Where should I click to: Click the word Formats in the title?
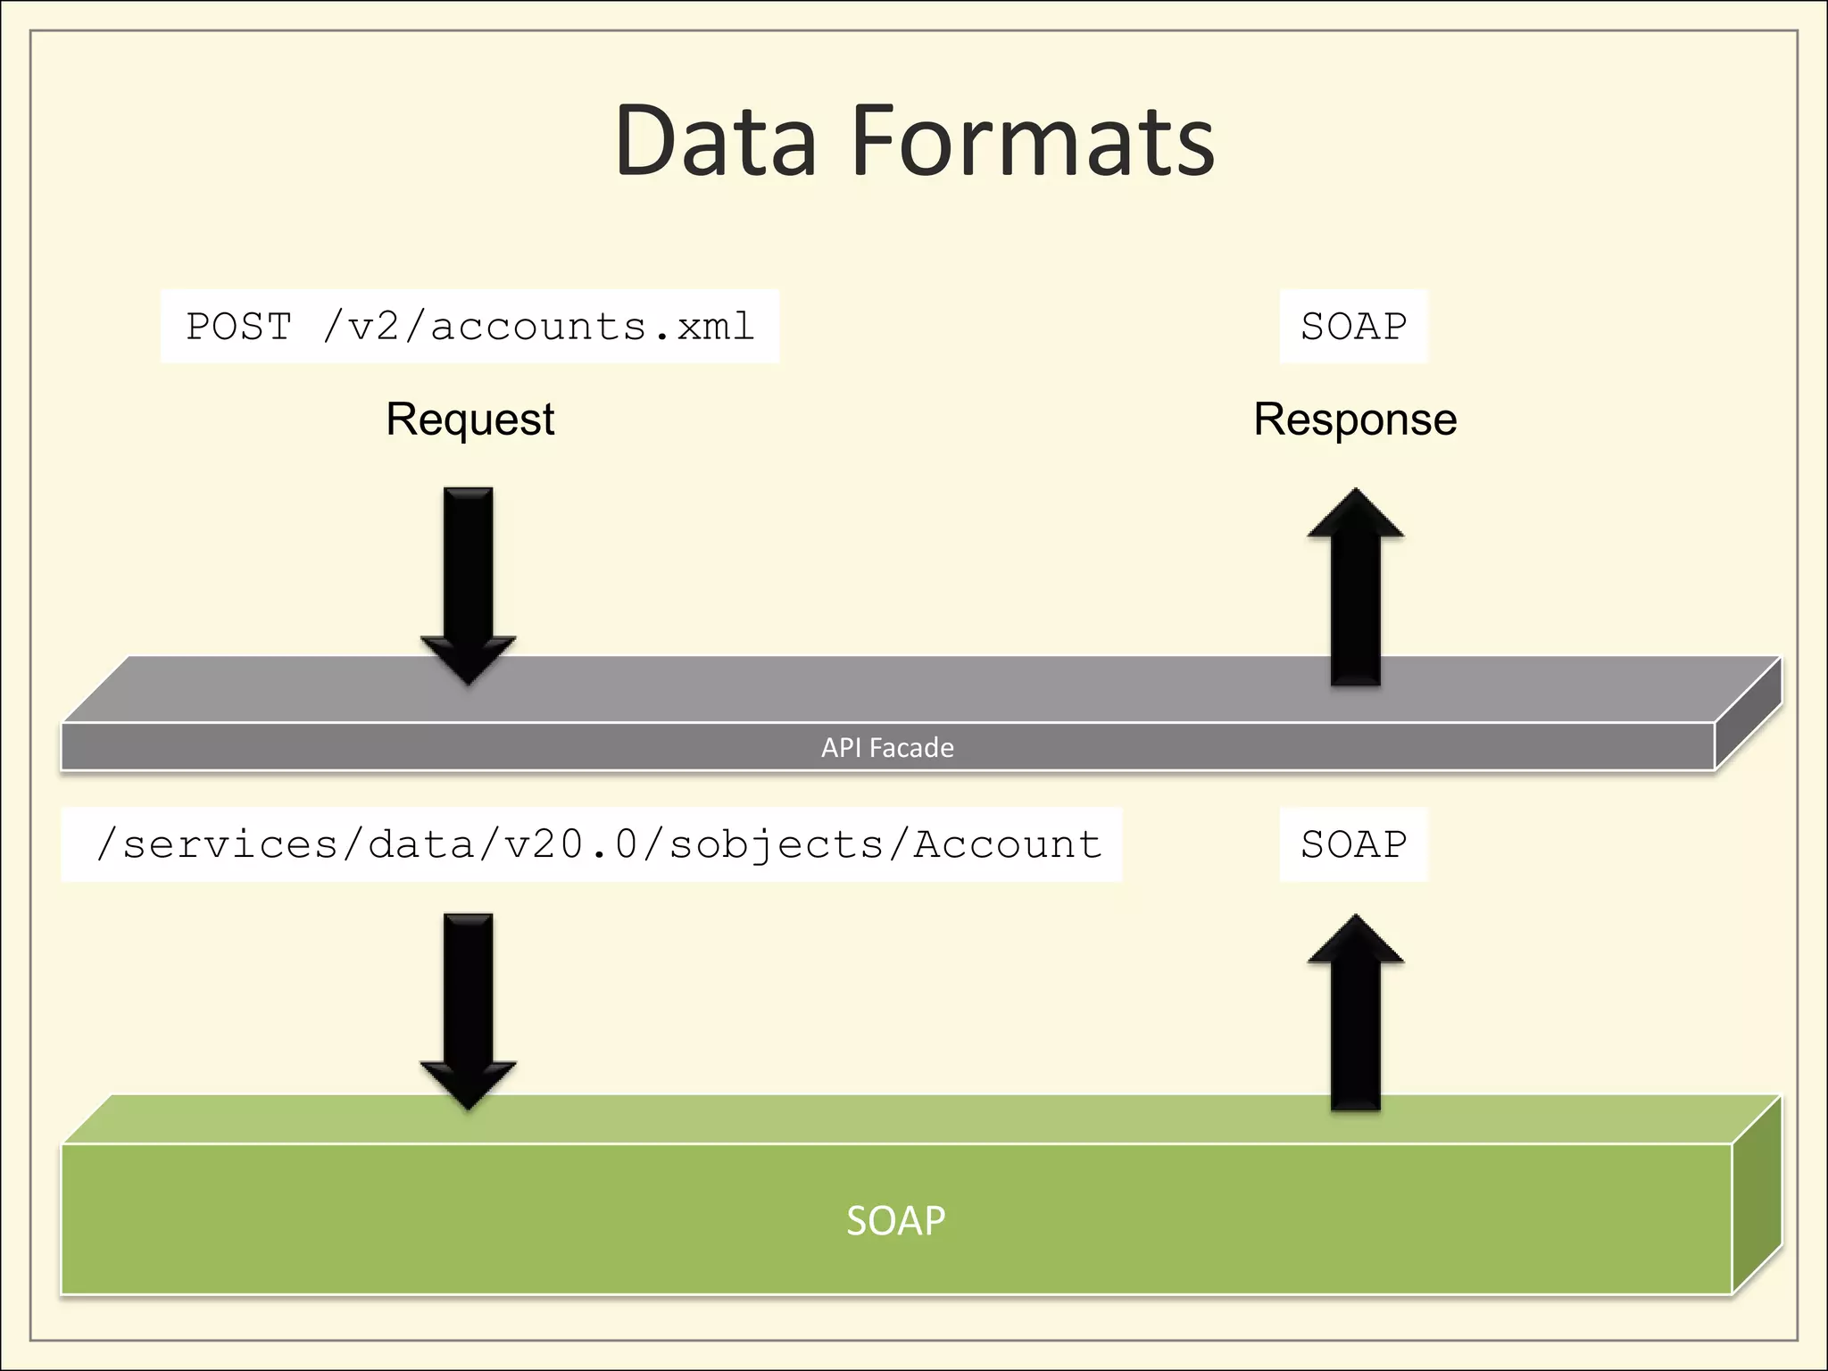tap(1033, 141)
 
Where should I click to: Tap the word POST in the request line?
tap(238, 327)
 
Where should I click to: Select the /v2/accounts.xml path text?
tap(539, 327)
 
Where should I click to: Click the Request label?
tap(469, 420)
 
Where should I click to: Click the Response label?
tap(1355, 420)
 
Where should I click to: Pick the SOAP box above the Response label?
tap(1353, 327)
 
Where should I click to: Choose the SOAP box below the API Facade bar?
tap(1353, 844)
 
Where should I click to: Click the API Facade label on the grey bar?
tap(887, 747)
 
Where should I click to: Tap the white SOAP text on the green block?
tap(895, 1220)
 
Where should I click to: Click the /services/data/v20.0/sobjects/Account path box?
tap(591, 844)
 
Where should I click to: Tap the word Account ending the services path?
tap(1007, 844)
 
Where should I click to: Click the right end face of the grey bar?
tap(1748, 714)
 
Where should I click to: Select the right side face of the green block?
tap(1757, 1196)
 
